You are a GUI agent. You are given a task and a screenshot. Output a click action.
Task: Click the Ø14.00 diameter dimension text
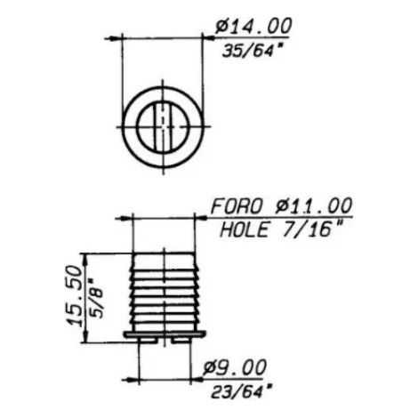[x=253, y=26]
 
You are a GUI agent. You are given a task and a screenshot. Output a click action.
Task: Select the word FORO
[x=237, y=206]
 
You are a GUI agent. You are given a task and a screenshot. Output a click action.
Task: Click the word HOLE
[x=245, y=229]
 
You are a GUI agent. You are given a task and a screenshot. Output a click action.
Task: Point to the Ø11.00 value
[x=314, y=205]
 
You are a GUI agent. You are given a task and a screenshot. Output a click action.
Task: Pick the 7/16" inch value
[x=312, y=229]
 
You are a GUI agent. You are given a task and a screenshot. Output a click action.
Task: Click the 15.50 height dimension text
[x=74, y=296]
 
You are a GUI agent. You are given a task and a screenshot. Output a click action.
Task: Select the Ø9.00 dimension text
[x=235, y=368]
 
